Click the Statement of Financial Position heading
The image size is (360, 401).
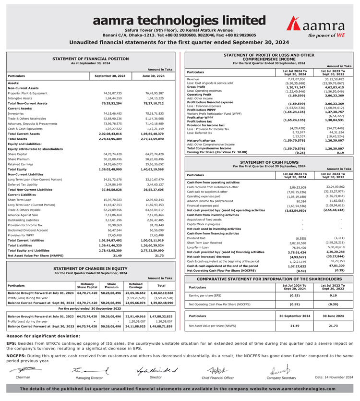tap(90, 59)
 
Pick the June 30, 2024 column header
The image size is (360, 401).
tap(153, 76)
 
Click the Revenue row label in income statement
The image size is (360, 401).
tap(193, 79)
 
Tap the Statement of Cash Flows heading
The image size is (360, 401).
tap(268, 162)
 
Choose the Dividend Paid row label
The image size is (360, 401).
tap(196, 237)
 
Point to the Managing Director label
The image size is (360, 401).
tap(89, 378)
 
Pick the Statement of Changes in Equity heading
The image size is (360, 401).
tap(90, 268)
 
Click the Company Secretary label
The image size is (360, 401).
tap(281, 378)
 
